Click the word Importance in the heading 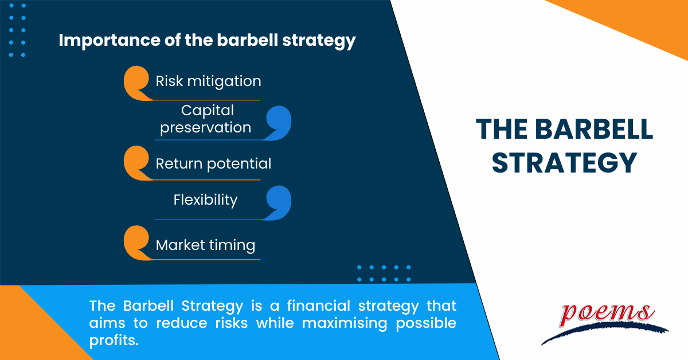point(110,41)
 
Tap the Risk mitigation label point(208,81)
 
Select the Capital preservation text point(206,119)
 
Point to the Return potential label point(213,164)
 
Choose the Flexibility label point(205,200)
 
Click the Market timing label point(205,245)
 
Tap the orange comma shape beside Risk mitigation point(136,83)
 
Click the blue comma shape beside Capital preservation point(278,123)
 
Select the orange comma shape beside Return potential point(136,163)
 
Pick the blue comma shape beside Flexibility point(278,203)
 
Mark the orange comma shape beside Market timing point(136,242)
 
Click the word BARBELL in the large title point(594,130)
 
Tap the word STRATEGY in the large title point(565,163)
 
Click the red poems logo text point(606,314)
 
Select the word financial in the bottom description point(319,306)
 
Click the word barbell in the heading point(248,40)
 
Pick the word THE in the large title point(502,130)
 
